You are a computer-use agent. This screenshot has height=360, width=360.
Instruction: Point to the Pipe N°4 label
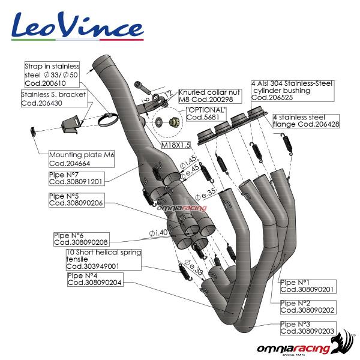click(95, 279)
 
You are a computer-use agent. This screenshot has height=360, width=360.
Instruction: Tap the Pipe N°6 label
click(80, 239)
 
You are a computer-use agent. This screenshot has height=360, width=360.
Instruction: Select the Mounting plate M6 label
click(82, 158)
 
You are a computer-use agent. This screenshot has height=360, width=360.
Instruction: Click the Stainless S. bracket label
click(54, 99)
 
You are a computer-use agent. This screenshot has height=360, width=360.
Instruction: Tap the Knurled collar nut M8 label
click(206, 95)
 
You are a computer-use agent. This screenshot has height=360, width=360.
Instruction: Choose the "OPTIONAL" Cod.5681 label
click(206, 114)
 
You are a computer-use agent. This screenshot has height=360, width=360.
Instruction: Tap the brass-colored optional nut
click(170, 122)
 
